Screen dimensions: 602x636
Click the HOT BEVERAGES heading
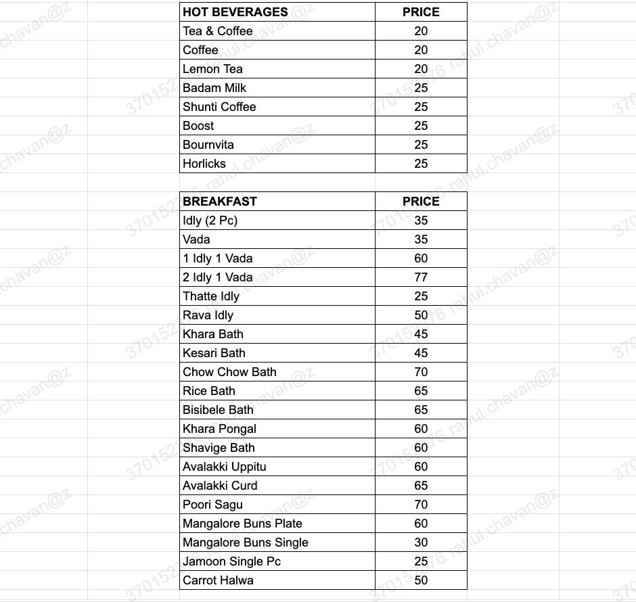click(x=235, y=12)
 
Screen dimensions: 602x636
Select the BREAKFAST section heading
click(x=219, y=202)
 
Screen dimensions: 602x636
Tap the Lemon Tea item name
click(x=212, y=69)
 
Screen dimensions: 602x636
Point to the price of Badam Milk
click(x=421, y=88)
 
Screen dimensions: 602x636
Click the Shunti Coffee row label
click(x=219, y=107)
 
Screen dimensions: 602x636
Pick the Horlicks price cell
click(x=421, y=164)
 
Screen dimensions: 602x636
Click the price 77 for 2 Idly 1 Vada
click(x=421, y=277)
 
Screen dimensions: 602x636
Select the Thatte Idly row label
click(x=210, y=296)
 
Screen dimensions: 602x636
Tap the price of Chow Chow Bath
click(x=421, y=372)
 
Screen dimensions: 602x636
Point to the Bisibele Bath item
click(x=218, y=410)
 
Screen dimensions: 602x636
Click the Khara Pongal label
click(x=219, y=429)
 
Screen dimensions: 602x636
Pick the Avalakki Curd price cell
click(x=421, y=486)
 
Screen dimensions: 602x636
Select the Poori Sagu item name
click(x=212, y=505)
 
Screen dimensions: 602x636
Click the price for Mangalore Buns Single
click(x=421, y=542)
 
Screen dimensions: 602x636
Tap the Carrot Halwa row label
click(x=218, y=580)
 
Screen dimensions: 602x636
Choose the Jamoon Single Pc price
click(x=421, y=561)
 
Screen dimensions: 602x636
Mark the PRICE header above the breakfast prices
click(x=421, y=202)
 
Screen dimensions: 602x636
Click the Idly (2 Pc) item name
click(x=210, y=221)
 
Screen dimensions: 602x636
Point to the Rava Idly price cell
click(x=421, y=315)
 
